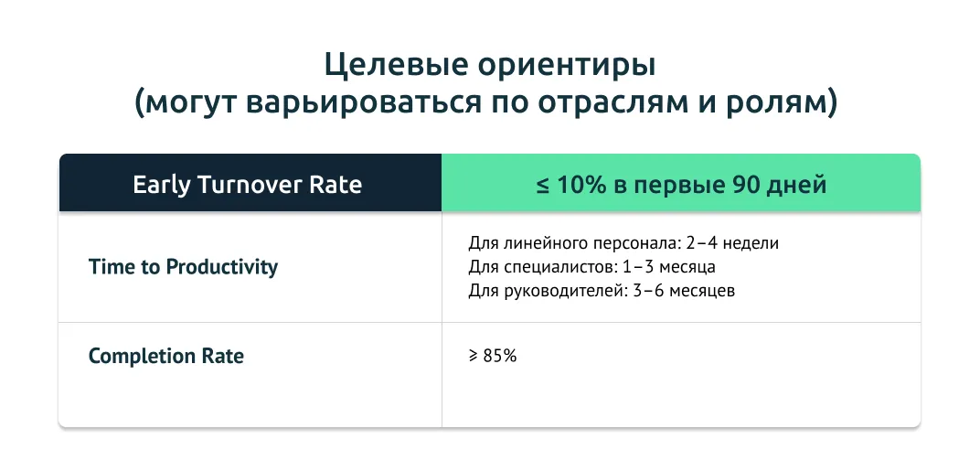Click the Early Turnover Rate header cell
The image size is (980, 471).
coord(250,183)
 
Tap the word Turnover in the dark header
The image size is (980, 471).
coord(248,185)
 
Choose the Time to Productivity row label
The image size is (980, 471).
coord(183,267)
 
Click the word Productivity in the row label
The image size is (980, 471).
coord(222,268)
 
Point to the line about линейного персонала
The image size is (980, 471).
coord(623,242)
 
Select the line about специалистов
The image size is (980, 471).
coord(591,267)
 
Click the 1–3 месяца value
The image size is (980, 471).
coord(669,267)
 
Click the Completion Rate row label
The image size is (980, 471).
coord(166,356)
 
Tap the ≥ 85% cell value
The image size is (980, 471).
coord(493,356)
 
